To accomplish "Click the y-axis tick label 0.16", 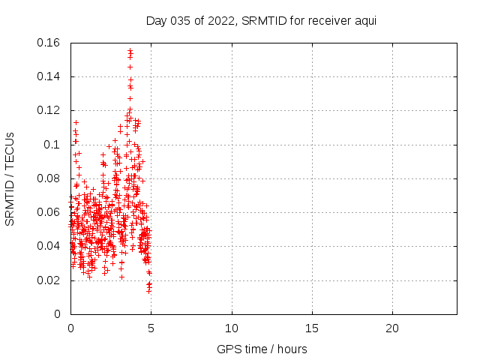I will click(49, 43).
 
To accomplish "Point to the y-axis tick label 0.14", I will click(49, 76).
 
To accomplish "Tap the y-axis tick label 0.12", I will click(49, 110).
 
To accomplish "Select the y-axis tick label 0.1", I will click(53, 144).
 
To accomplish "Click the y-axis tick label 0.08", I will click(49, 178).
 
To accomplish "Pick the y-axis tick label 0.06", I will click(49, 212).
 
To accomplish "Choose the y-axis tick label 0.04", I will click(49, 246).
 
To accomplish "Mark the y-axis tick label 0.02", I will click(49, 280).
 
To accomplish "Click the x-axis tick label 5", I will click(151, 328).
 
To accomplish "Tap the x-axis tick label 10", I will click(232, 328).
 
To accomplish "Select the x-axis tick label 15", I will click(312, 328).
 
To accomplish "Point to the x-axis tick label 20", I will click(392, 328).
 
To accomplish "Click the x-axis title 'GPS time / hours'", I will click(262, 349).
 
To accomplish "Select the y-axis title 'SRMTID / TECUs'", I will click(10, 178).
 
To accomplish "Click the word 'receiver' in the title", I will click(325, 20).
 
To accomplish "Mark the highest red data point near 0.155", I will click(130, 51).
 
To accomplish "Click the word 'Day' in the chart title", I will click(156, 20).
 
